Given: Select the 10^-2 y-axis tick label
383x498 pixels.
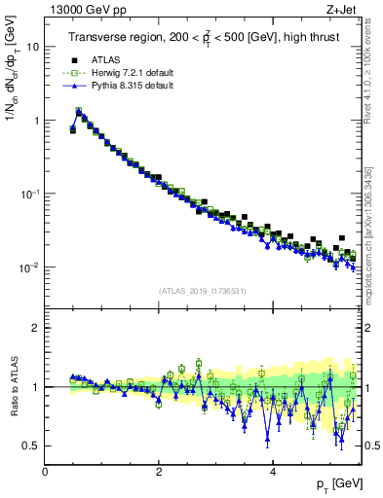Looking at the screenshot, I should [x=29, y=267].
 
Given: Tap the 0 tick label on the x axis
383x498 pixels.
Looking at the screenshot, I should [x=45, y=471].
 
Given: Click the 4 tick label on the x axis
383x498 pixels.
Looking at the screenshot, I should [x=272, y=471].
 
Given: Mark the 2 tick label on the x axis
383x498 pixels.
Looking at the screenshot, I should [x=159, y=471].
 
